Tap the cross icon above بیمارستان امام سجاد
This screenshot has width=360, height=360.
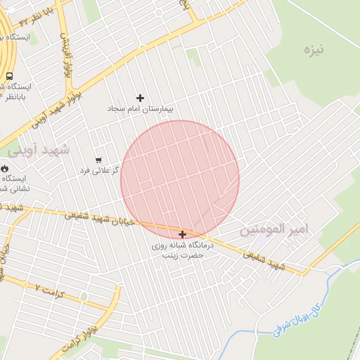(140, 98)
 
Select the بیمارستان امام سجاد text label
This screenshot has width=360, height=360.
(140, 109)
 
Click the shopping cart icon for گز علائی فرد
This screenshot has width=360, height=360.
(98, 160)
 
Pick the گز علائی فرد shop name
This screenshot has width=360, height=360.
(98, 171)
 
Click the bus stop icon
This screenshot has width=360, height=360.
(9, 76)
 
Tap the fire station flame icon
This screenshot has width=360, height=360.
(6, 169)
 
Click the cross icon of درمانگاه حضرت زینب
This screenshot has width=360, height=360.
(183, 234)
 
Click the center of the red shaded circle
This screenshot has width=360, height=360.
(180, 180)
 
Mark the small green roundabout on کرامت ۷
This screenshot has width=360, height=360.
(84, 296)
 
